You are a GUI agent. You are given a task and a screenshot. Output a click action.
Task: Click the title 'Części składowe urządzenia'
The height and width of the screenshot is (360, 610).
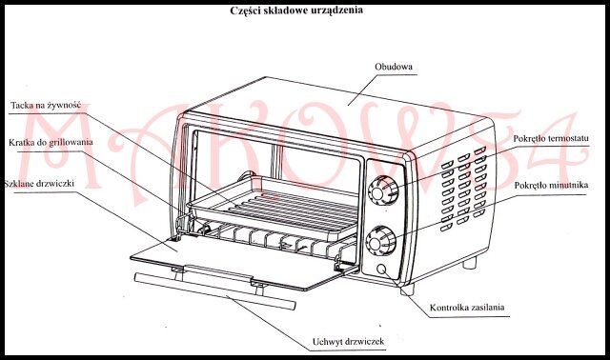(x=296, y=10)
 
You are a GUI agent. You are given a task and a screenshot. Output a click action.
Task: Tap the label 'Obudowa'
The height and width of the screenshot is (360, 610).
(x=394, y=67)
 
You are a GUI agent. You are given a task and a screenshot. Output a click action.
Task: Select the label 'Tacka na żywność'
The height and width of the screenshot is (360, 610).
(x=46, y=106)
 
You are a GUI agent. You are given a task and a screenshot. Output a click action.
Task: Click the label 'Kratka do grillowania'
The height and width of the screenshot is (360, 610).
(x=51, y=143)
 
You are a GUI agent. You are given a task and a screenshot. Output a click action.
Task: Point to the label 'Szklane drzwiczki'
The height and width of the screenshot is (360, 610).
(x=39, y=184)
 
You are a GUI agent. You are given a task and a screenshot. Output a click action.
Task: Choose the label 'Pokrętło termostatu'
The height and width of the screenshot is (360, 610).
(x=551, y=139)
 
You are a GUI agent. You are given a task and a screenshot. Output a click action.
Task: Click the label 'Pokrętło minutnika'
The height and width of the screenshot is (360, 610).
(x=551, y=186)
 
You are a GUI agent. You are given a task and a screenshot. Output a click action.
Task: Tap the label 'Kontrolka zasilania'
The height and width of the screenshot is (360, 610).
(x=467, y=308)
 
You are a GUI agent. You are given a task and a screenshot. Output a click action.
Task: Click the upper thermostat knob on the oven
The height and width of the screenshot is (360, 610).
(x=383, y=190)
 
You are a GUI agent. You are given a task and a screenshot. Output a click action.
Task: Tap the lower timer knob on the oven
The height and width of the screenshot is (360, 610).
(x=381, y=241)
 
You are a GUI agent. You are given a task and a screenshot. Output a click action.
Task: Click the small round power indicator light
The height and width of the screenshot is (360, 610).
(x=381, y=269)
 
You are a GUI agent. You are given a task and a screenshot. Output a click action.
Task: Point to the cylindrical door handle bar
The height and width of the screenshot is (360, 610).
(x=214, y=291)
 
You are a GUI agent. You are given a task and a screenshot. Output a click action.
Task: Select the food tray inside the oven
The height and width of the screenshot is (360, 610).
(x=273, y=208)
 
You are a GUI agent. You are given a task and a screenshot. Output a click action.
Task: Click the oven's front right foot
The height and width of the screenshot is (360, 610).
(x=407, y=290)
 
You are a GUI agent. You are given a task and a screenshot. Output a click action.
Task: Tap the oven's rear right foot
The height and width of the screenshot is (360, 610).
(x=470, y=263)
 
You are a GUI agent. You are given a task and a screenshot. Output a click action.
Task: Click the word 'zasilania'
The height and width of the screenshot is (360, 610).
(x=487, y=308)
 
